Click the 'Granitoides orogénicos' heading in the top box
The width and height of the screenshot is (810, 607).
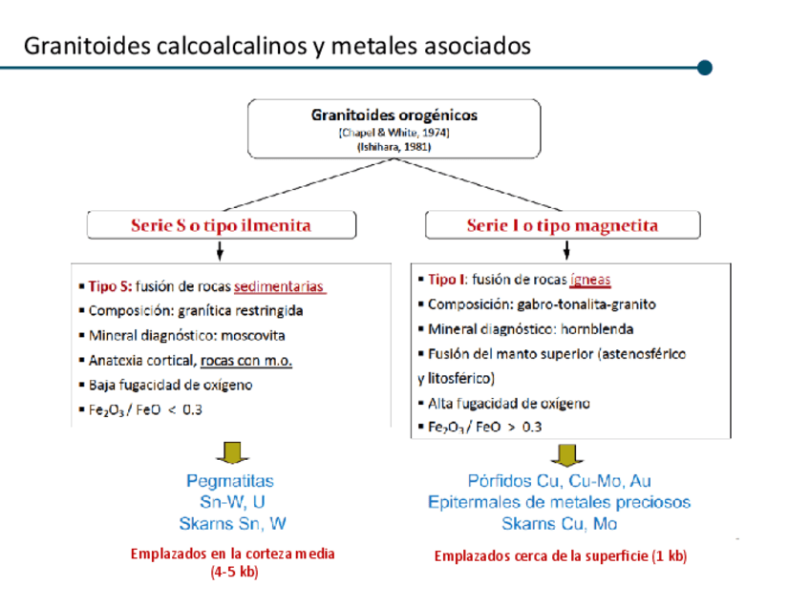pyautogui.click(x=394, y=115)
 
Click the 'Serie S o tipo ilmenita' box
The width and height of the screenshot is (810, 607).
pyautogui.click(x=221, y=225)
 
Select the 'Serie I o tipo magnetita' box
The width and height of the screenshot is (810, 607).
pyautogui.click(x=562, y=225)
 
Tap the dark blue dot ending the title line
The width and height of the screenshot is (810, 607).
pyautogui.click(x=705, y=68)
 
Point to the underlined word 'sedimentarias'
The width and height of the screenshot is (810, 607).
pyautogui.click(x=280, y=286)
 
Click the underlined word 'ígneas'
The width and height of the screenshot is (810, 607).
pyautogui.click(x=589, y=280)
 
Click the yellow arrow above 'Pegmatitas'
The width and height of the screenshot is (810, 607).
pyautogui.click(x=230, y=452)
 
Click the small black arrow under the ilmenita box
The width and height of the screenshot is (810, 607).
pyautogui.click(x=221, y=251)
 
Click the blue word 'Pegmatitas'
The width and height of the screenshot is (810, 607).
pyautogui.click(x=229, y=481)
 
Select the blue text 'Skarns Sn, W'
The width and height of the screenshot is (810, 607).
pyautogui.click(x=232, y=523)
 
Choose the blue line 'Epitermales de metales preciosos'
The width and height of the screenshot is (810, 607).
pyautogui.click(x=559, y=502)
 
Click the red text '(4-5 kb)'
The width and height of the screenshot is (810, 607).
pyautogui.click(x=232, y=573)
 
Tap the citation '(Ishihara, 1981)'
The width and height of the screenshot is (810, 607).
pyautogui.click(x=394, y=148)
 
